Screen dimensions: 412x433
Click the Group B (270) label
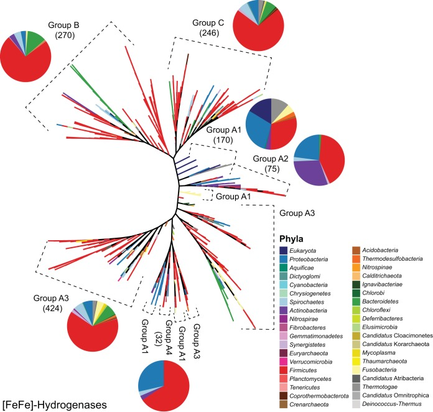tap(63, 30)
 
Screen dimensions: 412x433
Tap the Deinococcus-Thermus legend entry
tap(396, 407)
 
